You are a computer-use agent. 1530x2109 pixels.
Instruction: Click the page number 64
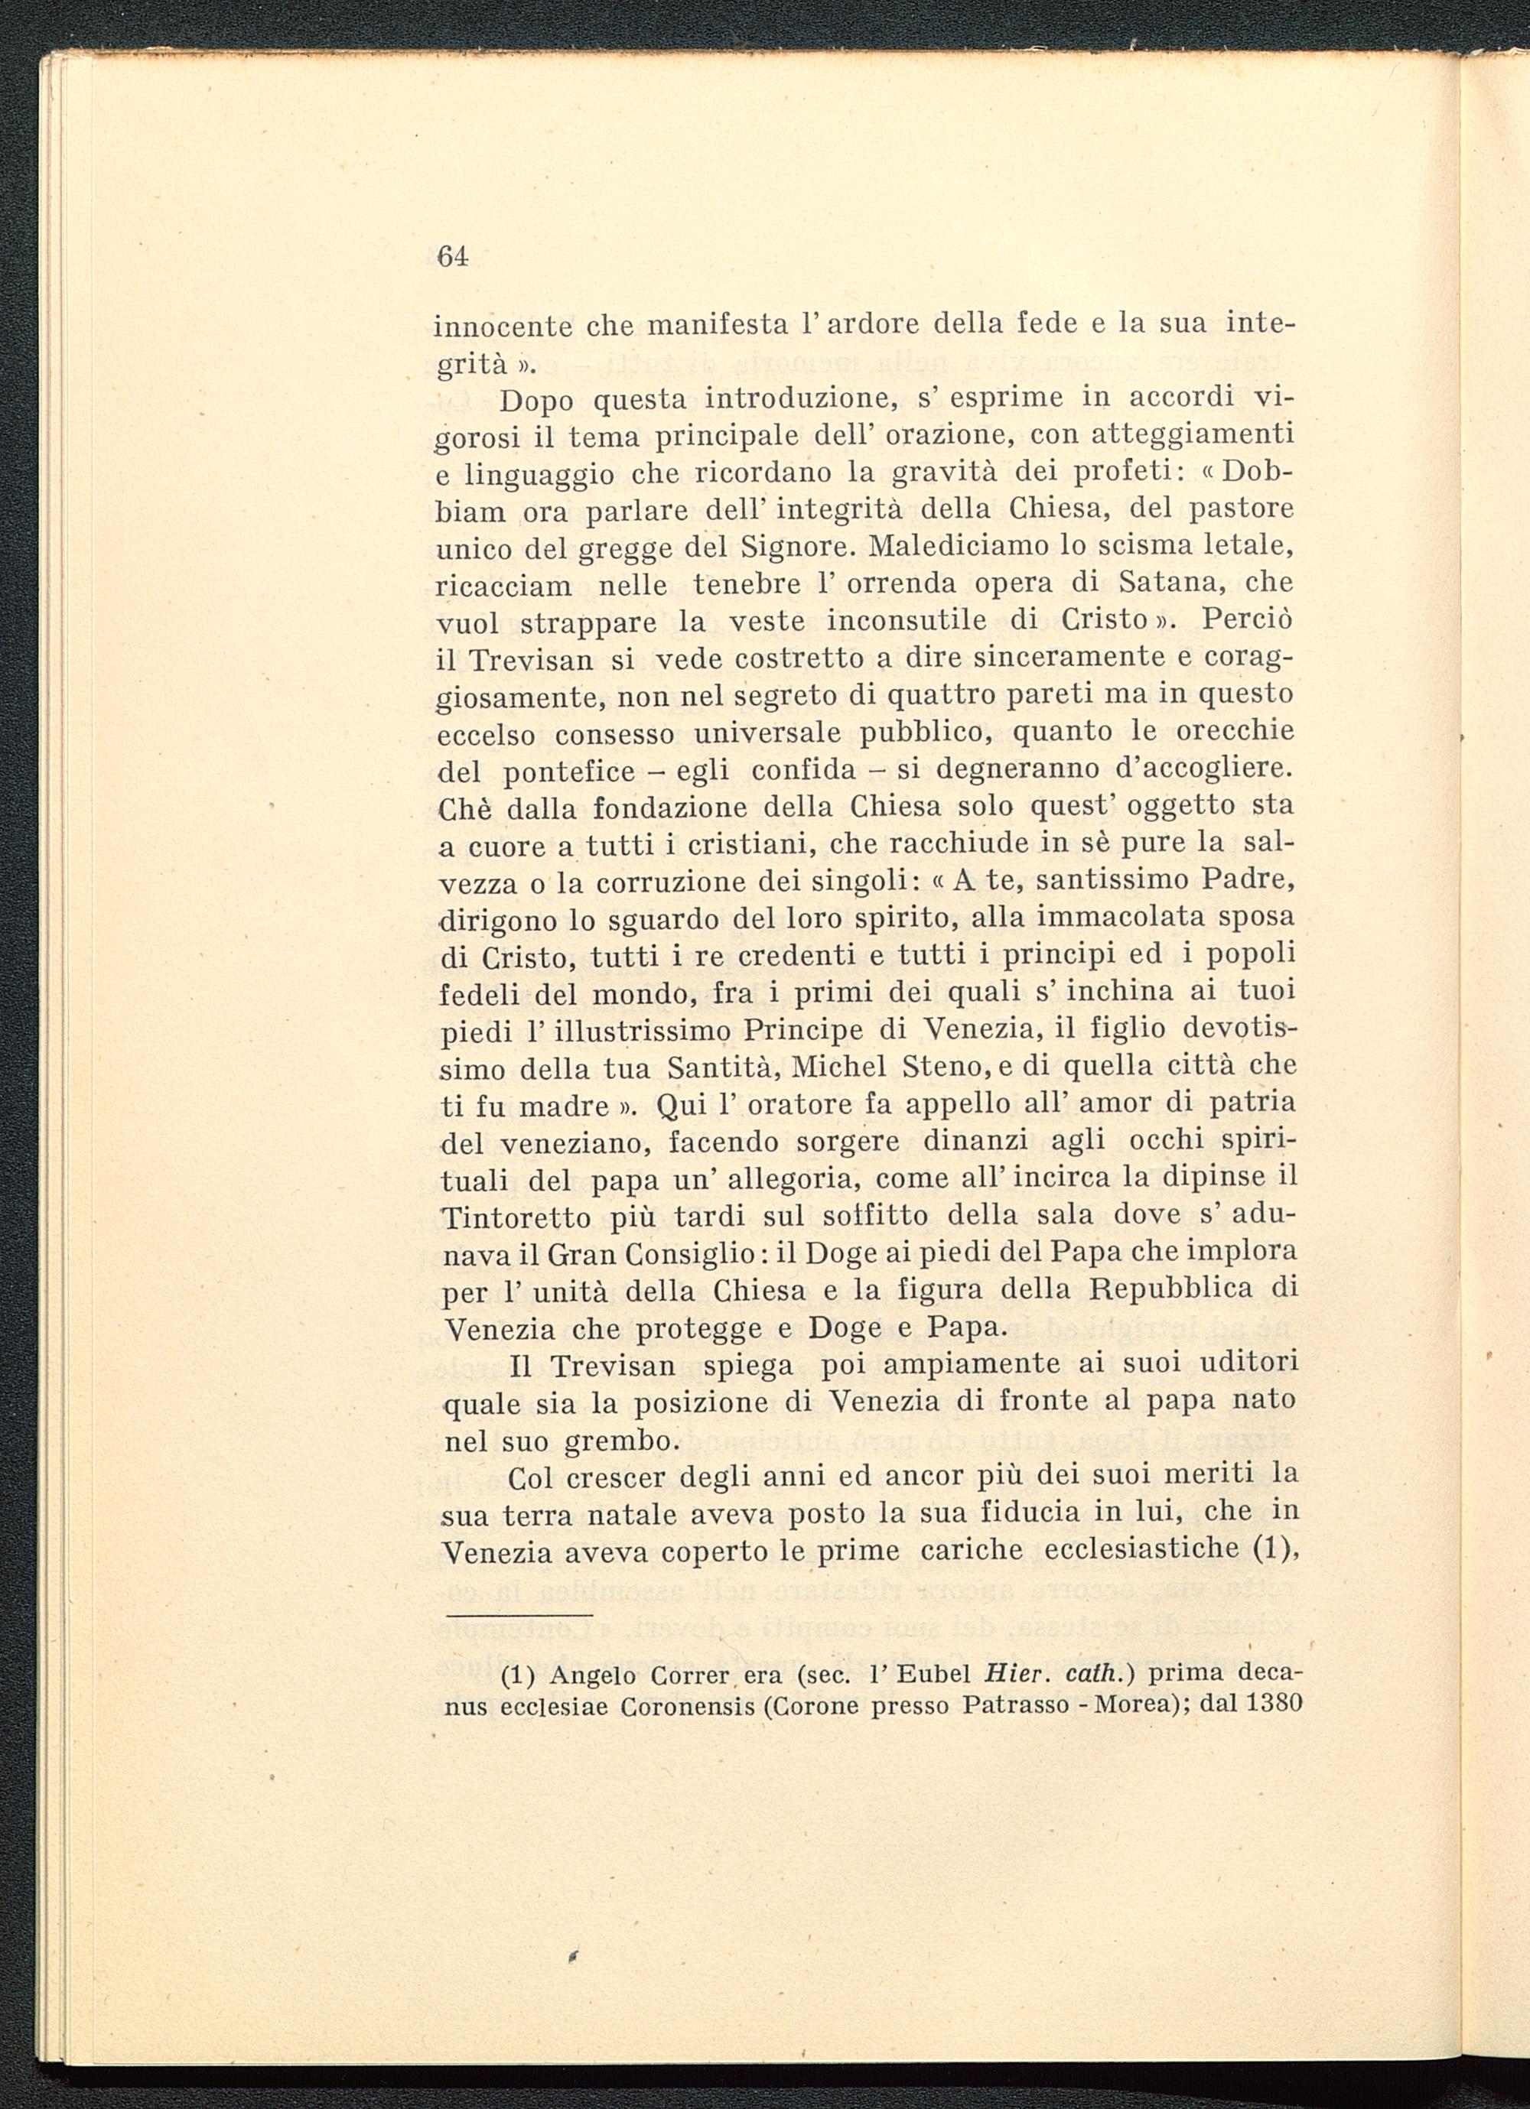(x=451, y=255)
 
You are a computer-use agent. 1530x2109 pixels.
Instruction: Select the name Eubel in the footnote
(x=933, y=1674)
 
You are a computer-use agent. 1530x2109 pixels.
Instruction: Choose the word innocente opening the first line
(x=503, y=327)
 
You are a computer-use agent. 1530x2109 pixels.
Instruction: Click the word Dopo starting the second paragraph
(x=539, y=401)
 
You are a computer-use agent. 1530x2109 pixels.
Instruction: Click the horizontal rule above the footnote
(x=518, y=1615)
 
